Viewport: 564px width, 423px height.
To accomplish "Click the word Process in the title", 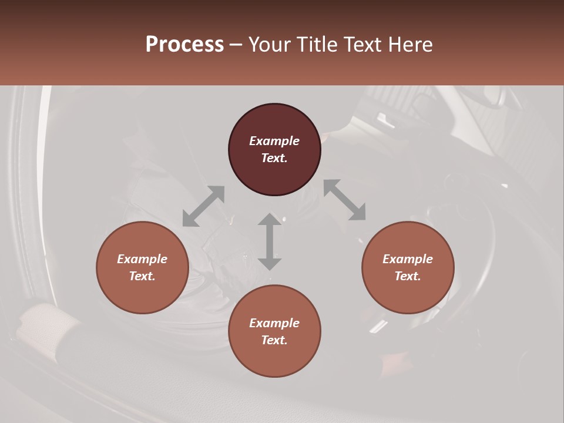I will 184,45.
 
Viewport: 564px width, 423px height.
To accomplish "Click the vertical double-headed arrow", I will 270,241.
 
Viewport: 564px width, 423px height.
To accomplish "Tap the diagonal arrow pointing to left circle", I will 203,206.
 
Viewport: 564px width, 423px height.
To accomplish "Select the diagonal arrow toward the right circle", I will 345,200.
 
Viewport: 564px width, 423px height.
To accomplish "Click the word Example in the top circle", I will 274,141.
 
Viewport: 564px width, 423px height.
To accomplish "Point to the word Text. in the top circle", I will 274,158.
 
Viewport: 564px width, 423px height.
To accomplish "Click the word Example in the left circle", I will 142,259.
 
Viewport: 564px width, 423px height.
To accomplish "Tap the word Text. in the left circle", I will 142,276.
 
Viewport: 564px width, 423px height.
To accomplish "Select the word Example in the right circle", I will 408,259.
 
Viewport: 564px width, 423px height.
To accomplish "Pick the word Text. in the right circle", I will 408,276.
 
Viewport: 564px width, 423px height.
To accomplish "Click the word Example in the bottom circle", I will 274,323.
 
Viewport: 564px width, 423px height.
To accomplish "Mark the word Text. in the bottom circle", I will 274,340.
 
